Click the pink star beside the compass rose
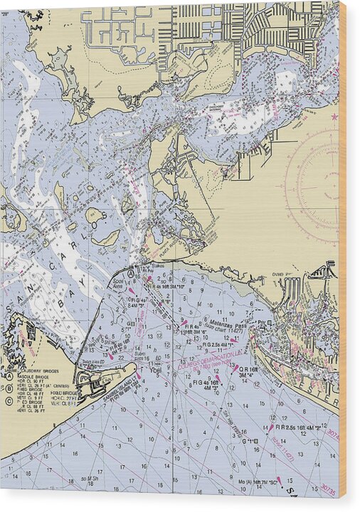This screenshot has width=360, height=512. [334, 117]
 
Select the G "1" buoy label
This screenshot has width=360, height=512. [250, 441]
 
